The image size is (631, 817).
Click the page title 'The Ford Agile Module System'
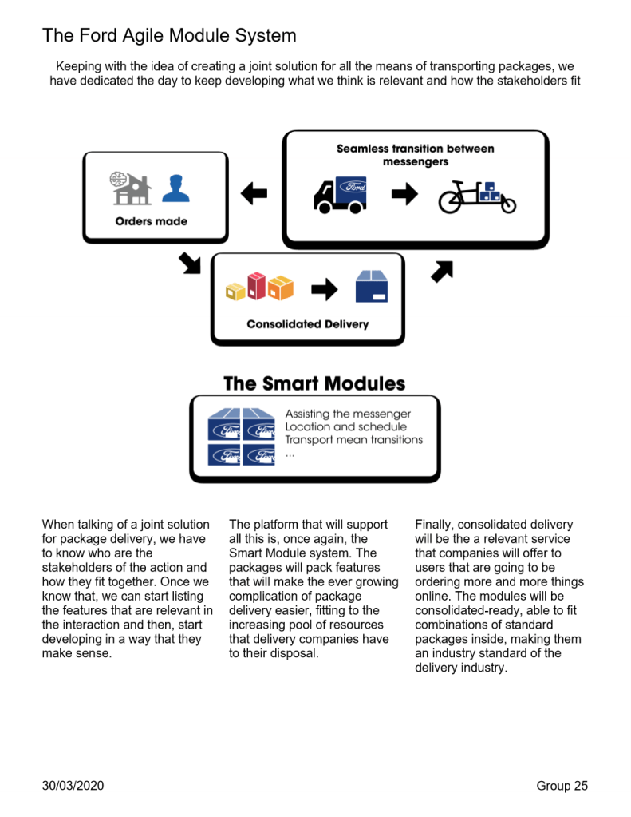coord(169,35)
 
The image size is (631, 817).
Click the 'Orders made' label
coord(152,221)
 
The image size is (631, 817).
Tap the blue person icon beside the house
coord(175,188)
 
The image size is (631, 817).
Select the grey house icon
coord(132,188)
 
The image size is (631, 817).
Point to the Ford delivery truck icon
coord(340,195)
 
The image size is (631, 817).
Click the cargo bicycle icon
coord(477,196)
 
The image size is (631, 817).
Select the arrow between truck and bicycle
coord(404,195)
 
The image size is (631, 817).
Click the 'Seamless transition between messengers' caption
coord(415,155)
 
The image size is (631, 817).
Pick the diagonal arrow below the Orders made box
coord(190,262)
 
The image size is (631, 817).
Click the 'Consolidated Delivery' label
coord(307,324)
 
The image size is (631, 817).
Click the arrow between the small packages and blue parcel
coord(324,289)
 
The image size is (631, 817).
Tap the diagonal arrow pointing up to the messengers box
coord(441,271)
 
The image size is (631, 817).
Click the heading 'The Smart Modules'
coord(314,383)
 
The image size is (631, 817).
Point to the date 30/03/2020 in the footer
coord(73,786)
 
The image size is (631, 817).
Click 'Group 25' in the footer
coord(562,786)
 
